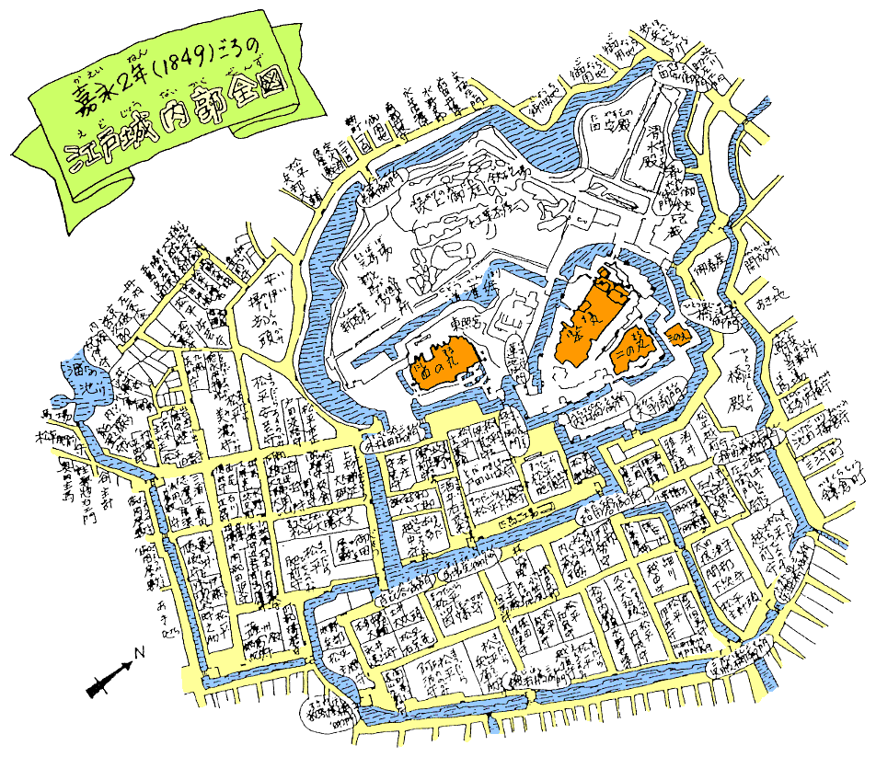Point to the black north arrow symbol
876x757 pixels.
point(107,677)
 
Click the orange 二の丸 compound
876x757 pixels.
point(631,350)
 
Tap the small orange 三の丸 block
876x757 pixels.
point(679,332)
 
